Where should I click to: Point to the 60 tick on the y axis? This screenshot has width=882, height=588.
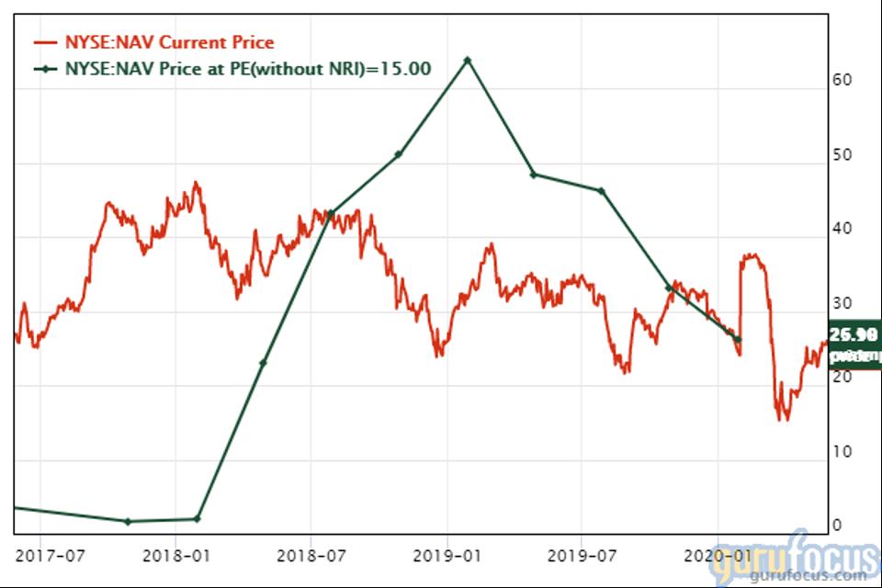point(842,81)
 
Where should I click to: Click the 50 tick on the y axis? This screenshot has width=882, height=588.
point(842,155)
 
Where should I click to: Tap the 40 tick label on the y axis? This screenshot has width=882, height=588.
point(842,230)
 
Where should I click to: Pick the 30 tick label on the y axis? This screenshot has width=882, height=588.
point(842,304)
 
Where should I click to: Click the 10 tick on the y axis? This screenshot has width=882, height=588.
point(842,452)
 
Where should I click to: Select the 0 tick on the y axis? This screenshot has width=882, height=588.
point(838,526)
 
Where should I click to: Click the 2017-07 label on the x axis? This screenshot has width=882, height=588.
point(51,556)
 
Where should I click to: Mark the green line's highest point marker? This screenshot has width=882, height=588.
point(467,60)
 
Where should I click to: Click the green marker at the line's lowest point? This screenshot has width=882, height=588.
point(128,521)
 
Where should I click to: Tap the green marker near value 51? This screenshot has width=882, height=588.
point(399,153)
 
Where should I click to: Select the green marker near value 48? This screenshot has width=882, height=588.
point(533,175)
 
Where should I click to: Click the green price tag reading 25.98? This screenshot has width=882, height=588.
point(854,334)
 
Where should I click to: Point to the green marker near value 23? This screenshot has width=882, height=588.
point(263,363)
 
